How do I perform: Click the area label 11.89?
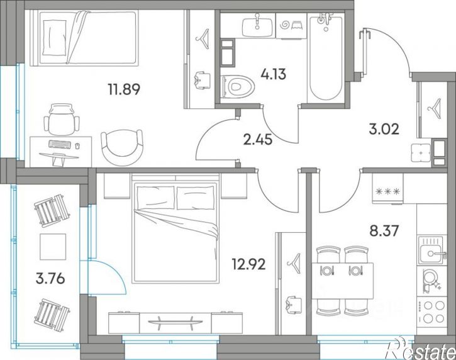point(124,89)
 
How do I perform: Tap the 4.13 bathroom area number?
point(274,74)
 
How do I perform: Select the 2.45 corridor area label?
point(258,139)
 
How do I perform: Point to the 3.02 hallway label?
point(384,129)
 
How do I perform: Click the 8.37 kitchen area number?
point(384,232)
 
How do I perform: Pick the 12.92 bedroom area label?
point(248,264)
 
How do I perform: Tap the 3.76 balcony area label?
point(50,279)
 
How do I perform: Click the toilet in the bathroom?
point(238,86)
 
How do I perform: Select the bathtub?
point(325,57)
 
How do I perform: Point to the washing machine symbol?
point(290,25)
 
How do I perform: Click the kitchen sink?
point(431,250)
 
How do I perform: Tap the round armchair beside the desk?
point(122,147)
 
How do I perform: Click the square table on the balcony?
point(53,246)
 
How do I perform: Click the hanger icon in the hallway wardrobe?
point(435,104)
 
